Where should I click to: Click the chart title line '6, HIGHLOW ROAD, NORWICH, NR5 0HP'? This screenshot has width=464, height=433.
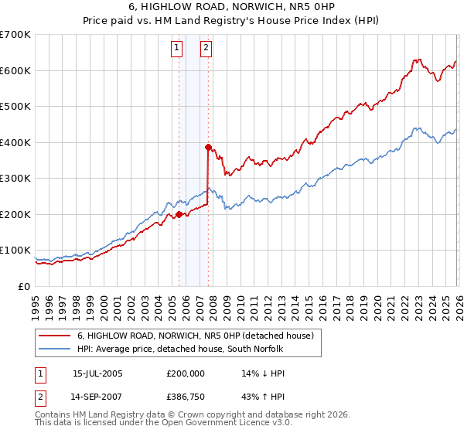click(x=232, y=8)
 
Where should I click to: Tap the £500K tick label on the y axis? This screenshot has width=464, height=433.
click(x=15, y=107)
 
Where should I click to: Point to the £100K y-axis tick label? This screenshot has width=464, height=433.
click(x=15, y=251)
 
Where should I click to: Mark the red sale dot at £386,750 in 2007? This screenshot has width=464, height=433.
click(x=208, y=147)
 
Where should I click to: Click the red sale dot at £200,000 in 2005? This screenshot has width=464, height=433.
click(x=179, y=214)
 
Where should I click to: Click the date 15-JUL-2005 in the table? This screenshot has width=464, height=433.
click(x=97, y=373)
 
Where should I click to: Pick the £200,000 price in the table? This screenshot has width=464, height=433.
click(x=186, y=373)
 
